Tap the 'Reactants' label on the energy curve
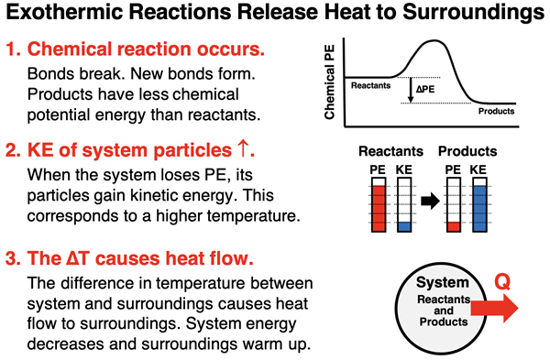371,84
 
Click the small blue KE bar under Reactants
403,224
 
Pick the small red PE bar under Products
452,224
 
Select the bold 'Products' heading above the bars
467,151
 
